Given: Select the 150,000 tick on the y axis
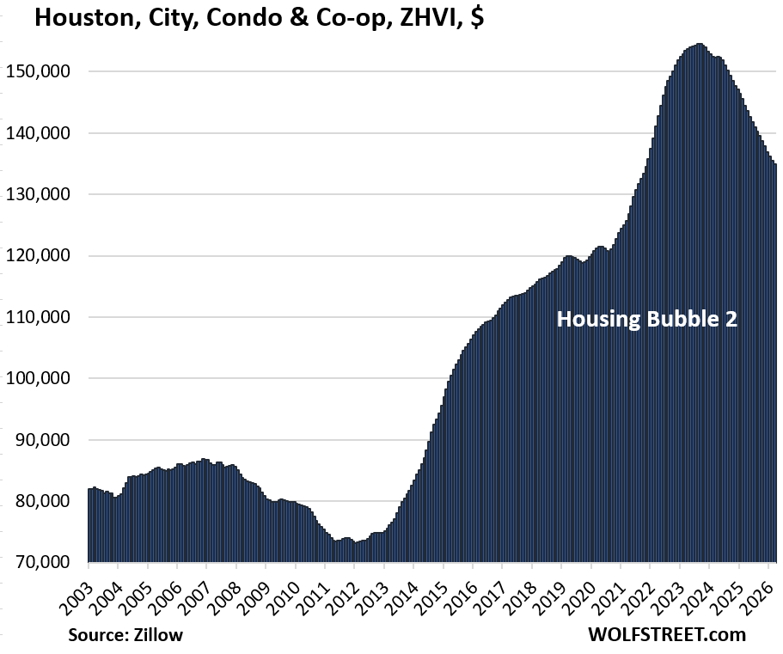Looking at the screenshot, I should [x=43, y=72].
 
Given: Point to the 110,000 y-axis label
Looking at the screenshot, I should [x=43, y=318].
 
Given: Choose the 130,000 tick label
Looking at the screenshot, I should [x=43, y=195].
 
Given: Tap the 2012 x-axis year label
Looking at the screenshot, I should [x=344, y=593].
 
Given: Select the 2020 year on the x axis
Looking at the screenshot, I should [x=579, y=593].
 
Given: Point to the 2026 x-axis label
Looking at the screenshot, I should [x=756, y=593].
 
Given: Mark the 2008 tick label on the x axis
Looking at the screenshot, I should [x=225, y=593].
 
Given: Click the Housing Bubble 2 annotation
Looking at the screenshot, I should [x=646, y=320].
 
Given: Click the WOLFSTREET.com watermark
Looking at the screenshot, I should [x=668, y=635].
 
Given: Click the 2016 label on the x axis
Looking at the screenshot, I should [x=462, y=593].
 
